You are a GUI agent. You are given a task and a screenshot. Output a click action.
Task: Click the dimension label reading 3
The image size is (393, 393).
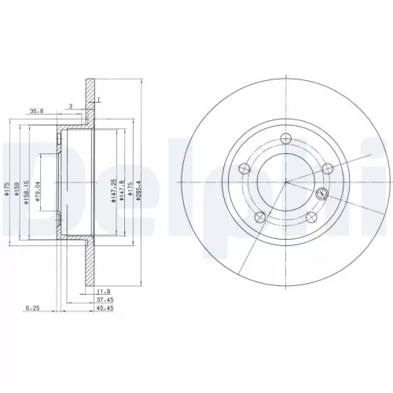70,105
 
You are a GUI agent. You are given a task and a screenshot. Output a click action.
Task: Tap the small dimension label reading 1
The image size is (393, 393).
98,99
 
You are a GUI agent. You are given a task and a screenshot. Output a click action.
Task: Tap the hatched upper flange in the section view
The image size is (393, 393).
90,90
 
